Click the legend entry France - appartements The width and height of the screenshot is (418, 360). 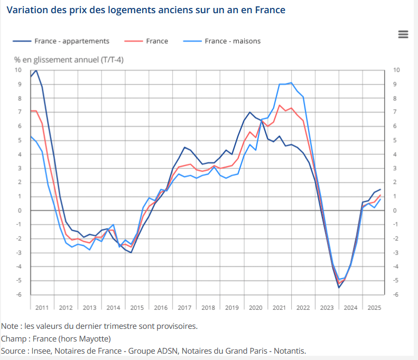72,41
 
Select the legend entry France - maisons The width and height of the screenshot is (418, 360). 233,41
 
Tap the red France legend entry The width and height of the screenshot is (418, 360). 157,41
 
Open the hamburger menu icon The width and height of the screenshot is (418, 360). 403,34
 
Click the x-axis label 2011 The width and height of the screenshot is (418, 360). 42,307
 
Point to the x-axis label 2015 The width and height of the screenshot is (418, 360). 137,307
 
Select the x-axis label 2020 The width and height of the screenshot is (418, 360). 256,307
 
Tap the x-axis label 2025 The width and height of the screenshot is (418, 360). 374,307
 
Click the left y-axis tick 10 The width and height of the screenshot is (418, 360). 18,70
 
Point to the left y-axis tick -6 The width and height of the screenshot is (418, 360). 20,295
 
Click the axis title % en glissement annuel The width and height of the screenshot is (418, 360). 69,60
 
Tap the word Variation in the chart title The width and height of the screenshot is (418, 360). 26,11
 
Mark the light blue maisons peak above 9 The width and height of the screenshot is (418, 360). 291,83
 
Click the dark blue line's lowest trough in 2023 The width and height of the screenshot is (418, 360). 339,287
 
